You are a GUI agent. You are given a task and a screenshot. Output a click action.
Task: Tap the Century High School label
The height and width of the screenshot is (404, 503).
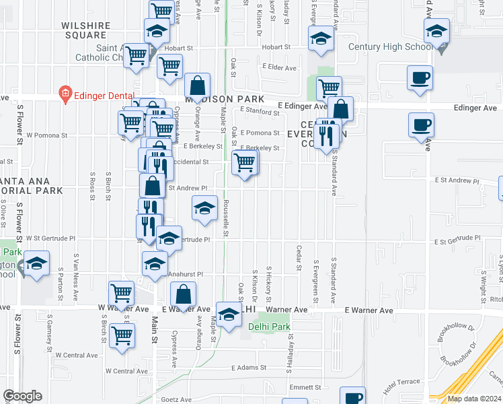[391, 47]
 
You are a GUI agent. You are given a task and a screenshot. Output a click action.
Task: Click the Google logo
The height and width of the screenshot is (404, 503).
[22, 396]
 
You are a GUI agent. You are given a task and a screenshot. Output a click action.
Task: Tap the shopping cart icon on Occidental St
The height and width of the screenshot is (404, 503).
[244, 162]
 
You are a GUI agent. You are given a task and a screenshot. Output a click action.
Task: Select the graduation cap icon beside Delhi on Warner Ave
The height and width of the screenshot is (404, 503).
[229, 314]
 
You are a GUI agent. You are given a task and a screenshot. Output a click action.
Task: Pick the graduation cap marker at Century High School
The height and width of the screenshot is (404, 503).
[436, 30]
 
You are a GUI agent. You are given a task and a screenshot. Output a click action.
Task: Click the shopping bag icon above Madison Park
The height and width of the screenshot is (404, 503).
[197, 86]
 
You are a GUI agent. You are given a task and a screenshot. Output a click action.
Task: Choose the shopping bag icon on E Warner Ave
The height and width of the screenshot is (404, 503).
[183, 294]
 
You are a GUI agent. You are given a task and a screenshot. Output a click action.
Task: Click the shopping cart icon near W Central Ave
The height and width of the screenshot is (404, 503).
[122, 335]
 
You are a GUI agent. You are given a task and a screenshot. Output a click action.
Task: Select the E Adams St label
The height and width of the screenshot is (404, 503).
[249, 368]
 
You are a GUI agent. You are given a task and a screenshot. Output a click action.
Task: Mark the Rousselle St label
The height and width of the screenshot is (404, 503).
[227, 219]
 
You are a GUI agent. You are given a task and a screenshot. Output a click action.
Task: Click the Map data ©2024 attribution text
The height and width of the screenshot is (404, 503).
[473, 399]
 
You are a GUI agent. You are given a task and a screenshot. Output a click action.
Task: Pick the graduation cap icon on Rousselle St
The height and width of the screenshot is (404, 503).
[204, 207]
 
